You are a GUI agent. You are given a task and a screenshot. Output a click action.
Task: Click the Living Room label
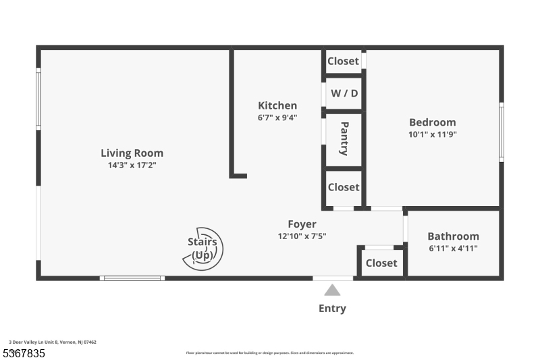[x=132, y=153]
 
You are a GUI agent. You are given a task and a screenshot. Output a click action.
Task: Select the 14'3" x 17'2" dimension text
[x=132, y=165]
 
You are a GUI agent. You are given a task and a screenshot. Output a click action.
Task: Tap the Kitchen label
[x=277, y=105]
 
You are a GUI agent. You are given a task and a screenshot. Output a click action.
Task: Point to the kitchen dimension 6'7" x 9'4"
[x=277, y=117]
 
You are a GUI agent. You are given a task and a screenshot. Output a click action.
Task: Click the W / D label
[x=344, y=93]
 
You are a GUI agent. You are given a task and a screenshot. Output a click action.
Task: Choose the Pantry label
[x=344, y=138]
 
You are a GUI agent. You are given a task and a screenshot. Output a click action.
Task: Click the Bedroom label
[x=432, y=122]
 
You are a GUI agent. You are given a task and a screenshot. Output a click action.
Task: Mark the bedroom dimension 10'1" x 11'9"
[x=432, y=134]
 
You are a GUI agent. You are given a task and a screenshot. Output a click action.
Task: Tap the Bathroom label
[x=453, y=236]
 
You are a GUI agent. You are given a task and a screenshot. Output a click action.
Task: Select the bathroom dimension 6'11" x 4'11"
[x=453, y=248]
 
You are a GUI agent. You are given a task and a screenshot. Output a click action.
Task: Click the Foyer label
[x=302, y=224]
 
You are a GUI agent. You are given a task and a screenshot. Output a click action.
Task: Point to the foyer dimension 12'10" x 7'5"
[x=302, y=236]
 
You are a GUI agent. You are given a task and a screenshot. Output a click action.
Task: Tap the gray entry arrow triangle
[x=332, y=290]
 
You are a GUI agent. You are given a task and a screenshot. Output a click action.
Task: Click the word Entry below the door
[x=332, y=309]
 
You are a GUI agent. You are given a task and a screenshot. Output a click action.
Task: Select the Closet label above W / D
[x=343, y=61]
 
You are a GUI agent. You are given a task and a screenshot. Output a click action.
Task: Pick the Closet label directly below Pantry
[x=343, y=187]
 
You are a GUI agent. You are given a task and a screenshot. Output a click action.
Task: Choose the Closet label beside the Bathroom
[x=381, y=263]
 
